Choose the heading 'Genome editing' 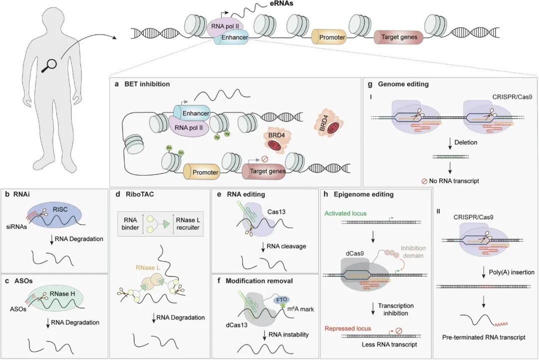pos(403,84)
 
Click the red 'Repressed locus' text pos(348,329)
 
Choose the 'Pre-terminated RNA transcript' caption pos(484,338)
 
